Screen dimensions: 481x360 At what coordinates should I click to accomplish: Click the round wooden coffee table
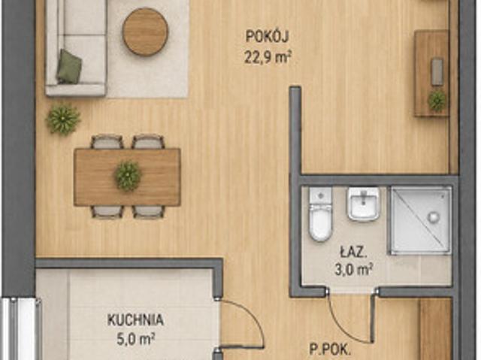(x=145, y=32)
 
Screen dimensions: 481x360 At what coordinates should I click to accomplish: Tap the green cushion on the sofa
(x=68, y=67)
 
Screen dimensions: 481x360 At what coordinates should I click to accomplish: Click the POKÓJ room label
(x=268, y=37)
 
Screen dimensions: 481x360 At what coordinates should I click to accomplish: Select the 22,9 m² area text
(x=268, y=57)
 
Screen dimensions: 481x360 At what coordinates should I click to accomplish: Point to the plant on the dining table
(x=128, y=176)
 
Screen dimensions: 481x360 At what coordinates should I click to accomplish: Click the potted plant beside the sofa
(x=63, y=119)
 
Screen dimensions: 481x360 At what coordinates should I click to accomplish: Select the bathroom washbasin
(x=363, y=204)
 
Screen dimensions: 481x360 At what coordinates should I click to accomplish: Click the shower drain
(x=434, y=217)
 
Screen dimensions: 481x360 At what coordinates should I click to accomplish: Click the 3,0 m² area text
(x=353, y=270)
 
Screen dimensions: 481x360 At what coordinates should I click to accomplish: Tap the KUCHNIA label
(x=135, y=320)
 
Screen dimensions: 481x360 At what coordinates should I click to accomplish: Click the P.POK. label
(x=330, y=349)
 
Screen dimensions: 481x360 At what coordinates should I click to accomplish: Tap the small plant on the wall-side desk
(x=437, y=100)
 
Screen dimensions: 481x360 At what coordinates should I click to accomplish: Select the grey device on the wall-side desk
(x=437, y=72)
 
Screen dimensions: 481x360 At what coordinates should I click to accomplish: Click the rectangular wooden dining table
(x=127, y=177)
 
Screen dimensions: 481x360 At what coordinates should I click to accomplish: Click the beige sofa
(x=75, y=48)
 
